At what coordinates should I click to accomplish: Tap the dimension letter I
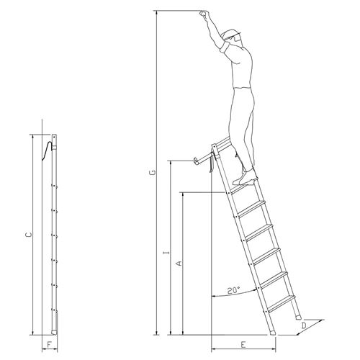166,253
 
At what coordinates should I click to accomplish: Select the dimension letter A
179,264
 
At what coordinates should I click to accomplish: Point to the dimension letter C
29,235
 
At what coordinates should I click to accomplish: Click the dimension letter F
49,345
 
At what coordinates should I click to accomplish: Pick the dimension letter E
243,345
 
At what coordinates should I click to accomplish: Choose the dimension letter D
304,325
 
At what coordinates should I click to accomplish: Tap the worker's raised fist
204,14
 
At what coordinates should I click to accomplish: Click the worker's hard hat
230,34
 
